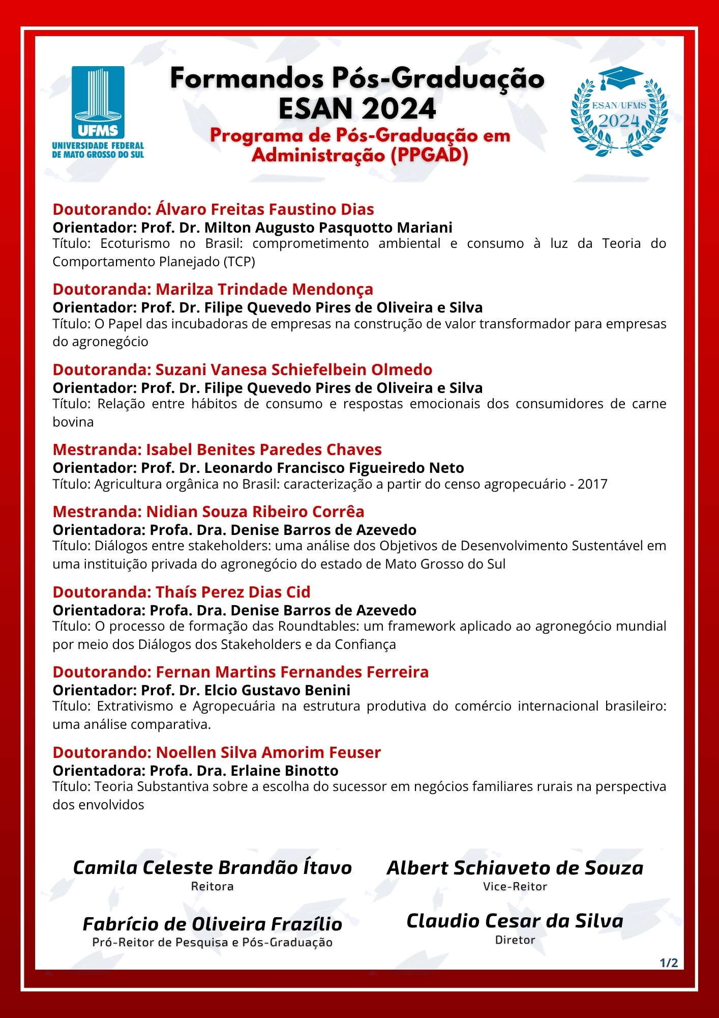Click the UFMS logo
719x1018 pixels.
pos(98,112)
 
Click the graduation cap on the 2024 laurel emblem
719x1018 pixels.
pos(620,79)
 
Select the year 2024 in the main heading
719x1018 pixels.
pos(400,108)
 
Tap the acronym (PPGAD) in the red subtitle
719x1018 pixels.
pos(429,155)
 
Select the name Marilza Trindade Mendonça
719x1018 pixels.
pos(264,289)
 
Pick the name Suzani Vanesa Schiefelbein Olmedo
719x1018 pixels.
pos(294,370)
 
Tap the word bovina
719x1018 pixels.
pos(73,422)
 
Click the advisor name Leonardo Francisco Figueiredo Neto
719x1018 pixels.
pos(334,468)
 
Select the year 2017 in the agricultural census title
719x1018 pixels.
pos(592,484)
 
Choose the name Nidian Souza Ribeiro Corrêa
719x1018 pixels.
pos(255,512)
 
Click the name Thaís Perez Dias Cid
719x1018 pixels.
pos(233,592)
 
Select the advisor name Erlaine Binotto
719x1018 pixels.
pos(285,771)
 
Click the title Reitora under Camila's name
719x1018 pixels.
pos(213,886)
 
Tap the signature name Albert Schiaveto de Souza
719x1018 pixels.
pos(515,868)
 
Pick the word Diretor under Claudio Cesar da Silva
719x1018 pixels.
pos(515,940)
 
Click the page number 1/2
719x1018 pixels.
pos(669,963)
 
